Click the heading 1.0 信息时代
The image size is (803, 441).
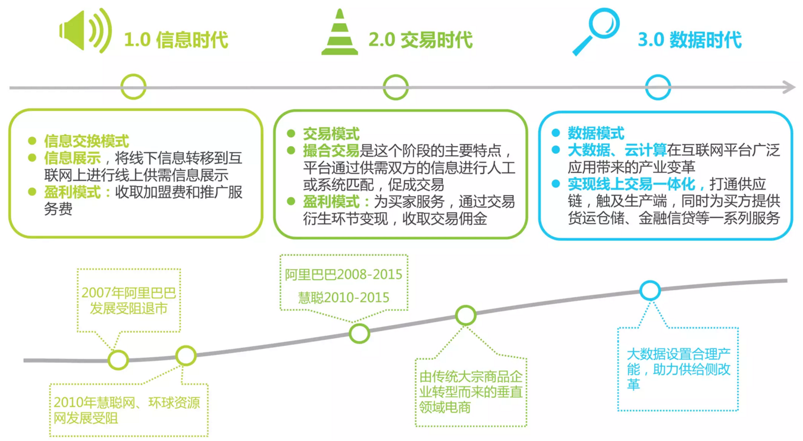coord(176,39)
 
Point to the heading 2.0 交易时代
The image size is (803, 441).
coord(421,39)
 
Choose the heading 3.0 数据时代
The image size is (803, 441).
coord(689,39)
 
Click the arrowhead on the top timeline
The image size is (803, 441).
coord(789,87)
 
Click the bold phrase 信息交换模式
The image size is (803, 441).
coord(86,141)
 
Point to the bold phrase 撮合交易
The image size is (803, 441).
coord(331,151)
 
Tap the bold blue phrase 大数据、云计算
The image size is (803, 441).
coord(617,150)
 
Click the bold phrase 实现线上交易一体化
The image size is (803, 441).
coord(631,184)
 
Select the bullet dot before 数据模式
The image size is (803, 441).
coord(556,133)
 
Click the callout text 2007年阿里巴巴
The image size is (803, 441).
coord(128,292)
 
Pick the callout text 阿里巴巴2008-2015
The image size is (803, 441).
coord(343,275)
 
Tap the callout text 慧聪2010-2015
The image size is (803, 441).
coord(343,297)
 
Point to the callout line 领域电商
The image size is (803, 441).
coord(445,407)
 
